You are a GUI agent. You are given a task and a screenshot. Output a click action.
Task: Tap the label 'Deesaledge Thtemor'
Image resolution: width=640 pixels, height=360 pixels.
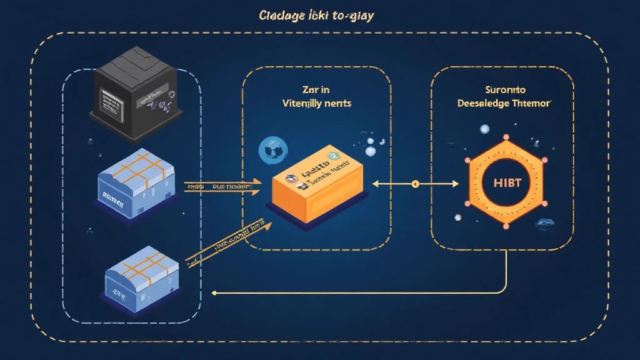pyautogui.click(x=503, y=104)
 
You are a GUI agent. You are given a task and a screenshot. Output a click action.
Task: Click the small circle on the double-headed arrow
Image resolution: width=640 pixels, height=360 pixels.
pyautogui.click(x=414, y=184)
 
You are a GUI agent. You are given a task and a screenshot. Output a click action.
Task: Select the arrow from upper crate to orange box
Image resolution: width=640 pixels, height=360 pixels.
pyautogui.click(x=222, y=186)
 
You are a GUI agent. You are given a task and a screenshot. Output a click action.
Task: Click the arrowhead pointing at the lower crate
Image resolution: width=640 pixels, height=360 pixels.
pyautogui.click(x=216, y=292)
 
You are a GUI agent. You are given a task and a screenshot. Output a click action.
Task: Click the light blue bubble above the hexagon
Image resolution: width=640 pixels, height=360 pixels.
pyautogui.click(x=484, y=129)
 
